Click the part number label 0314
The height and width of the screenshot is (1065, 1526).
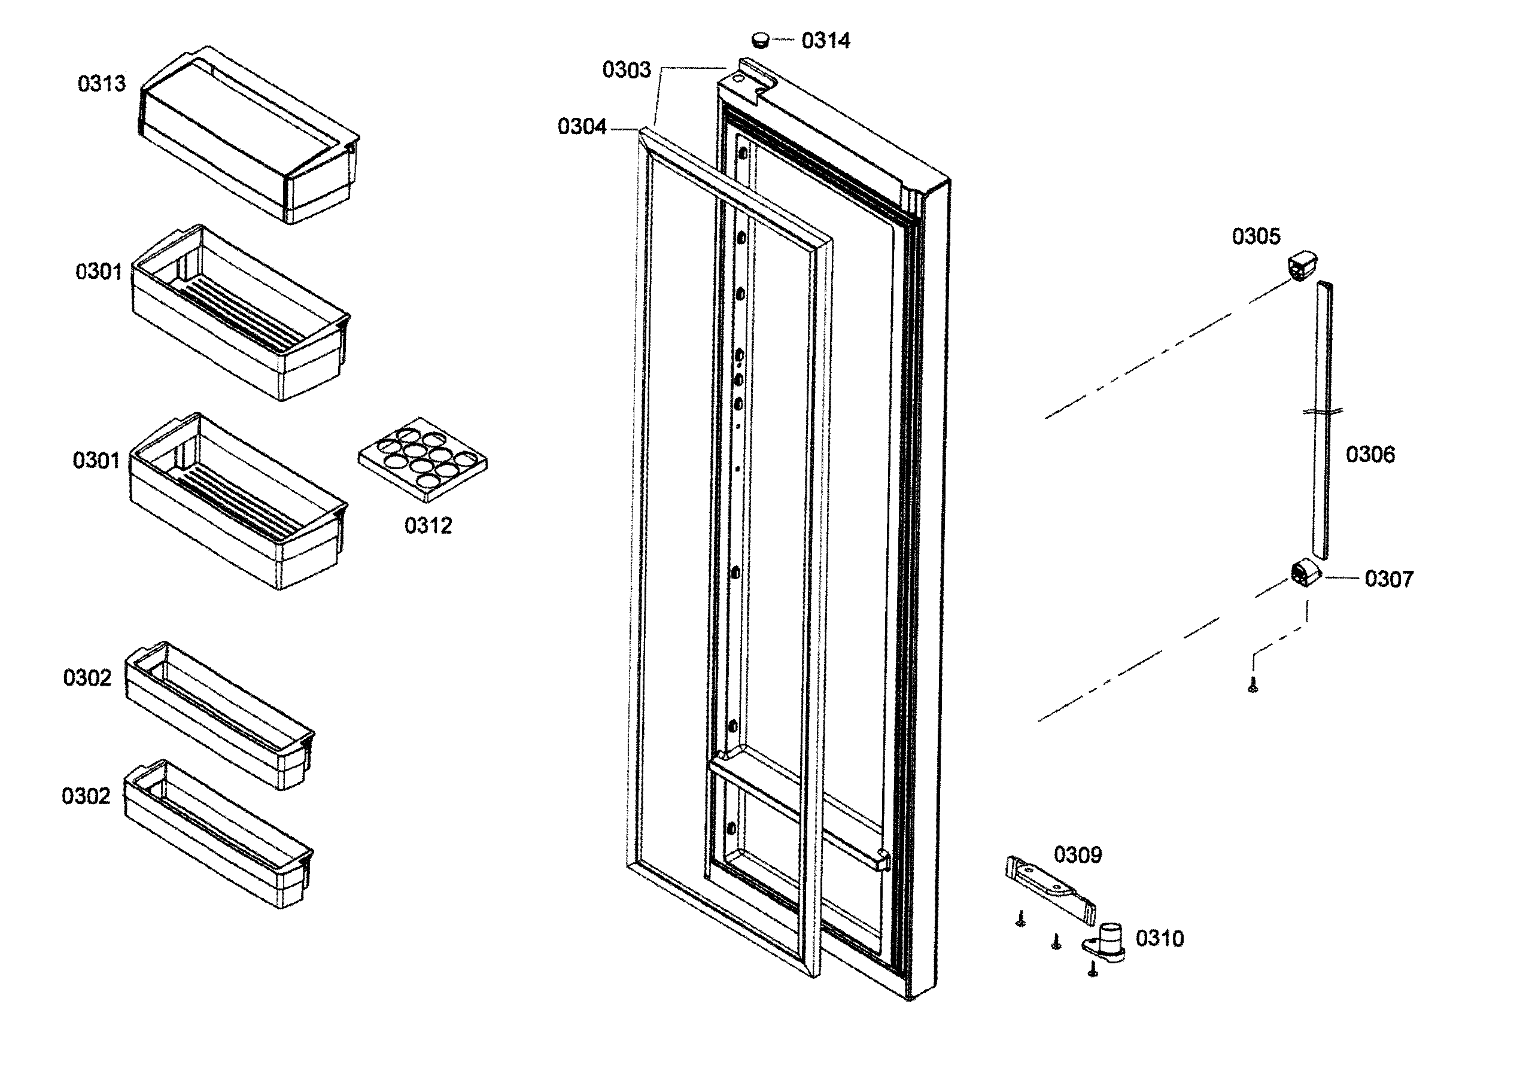tap(825, 41)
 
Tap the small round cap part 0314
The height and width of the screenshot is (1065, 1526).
tap(761, 39)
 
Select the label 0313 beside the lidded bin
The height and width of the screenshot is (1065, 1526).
tap(101, 84)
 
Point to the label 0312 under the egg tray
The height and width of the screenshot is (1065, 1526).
tap(428, 526)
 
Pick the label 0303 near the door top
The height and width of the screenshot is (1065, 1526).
tap(626, 70)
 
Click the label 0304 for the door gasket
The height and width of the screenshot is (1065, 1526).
tap(582, 126)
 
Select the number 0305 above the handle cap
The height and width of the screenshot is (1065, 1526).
tap(1256, 236)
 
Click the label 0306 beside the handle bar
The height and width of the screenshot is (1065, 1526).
tap(1370, 455)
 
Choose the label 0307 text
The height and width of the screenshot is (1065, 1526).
tap(1388, 579)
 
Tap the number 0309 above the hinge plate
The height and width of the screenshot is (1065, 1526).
tap(1077, 855)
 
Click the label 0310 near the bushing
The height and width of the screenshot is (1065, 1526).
tap(1159, 939)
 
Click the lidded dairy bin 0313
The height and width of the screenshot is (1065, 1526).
tap(249, 136)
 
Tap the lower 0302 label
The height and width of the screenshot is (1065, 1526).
tap(86, 796)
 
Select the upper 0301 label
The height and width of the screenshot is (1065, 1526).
tap(98, 272)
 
